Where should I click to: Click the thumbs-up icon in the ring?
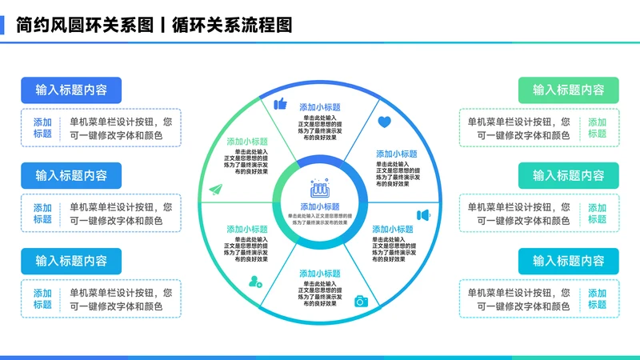(280, 104)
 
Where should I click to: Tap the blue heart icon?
(384, 122)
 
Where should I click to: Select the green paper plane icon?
(214, 190)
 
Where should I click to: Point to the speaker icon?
(423, 215)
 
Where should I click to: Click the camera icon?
(361, 301)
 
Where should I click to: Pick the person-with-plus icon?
(255, 281)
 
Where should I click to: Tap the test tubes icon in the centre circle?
(319, 190)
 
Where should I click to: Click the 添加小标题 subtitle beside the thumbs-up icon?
(320, 107)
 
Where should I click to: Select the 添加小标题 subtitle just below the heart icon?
(396, 154)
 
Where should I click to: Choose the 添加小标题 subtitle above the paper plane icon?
(247, 140)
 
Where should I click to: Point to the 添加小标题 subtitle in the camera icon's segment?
(320, 273)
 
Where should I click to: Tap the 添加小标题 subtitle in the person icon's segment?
(247, 229)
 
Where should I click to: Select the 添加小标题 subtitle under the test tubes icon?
(319, 206)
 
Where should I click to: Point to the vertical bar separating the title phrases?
(162, 25)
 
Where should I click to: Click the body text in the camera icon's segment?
(320, 294)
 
